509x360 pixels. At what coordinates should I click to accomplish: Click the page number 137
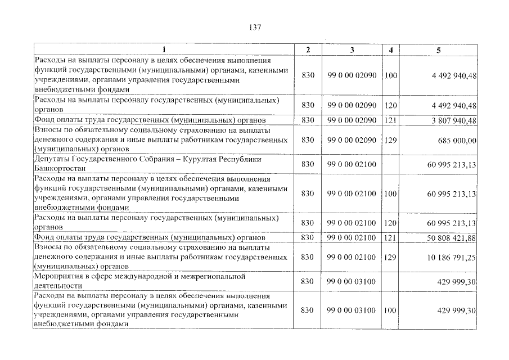click(x=254, y=27)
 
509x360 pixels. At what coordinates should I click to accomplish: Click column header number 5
click(x=438, y=50)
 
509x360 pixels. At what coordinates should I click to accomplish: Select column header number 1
click(x=164, y=50)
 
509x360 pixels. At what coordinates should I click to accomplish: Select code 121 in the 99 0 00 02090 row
click(x=391, y=120)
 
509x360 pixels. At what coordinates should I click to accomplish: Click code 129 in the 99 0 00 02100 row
click(x=391, y=257)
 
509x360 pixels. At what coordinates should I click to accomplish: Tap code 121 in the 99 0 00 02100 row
click(x=391, y=238)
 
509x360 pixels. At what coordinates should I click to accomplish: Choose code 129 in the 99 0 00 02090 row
click(x=391, y=139)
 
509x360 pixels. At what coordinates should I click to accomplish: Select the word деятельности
click(x=58, y=286)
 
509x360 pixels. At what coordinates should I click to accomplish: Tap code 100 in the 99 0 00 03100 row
click(x=391, y=310)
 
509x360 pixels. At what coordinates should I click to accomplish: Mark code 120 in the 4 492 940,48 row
click(x=391, y=105)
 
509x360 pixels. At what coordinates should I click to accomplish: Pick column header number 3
click(x=352, y=50)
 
